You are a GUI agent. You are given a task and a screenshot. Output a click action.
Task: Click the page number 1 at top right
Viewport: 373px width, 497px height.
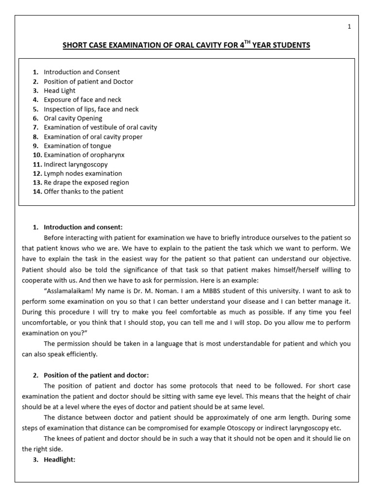click(349, 27)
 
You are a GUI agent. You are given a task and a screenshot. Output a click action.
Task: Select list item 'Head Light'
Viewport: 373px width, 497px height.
click(59, 91)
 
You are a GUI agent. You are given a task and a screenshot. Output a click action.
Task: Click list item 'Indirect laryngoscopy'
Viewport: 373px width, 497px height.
click(76, 165)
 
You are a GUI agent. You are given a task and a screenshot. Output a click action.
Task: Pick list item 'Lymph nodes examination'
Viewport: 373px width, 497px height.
click(83, 174)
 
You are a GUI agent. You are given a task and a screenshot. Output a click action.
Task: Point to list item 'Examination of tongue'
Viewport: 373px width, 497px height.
click(77, 146)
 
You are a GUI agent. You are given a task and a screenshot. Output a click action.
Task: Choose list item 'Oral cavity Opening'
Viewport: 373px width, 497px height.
click(73, 118)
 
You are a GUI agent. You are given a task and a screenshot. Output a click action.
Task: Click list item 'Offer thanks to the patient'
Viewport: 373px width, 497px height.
click(84, 192)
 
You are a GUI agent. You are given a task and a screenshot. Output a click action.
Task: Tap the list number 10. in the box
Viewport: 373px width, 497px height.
click(37, 155)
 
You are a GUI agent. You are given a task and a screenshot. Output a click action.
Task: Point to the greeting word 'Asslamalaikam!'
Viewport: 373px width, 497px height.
click(68, 291)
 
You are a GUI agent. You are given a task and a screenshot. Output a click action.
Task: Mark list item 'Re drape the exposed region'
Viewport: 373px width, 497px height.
click(86, 183)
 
